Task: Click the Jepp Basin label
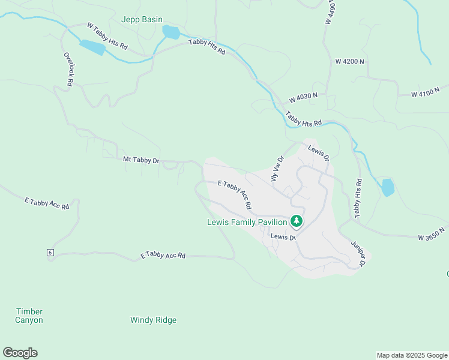pyautogui.click(x=142, y=20)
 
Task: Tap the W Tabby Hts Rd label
pyautogui.click(x=107, y=36)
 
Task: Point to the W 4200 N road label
pyautogui.click(x=350, y=62)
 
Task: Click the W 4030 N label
pyautogui.click(x=303, y=97)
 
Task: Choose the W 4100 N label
pyautogui.click(x=427, y=94)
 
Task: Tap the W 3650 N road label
pyautogui.click(x=432, y=234)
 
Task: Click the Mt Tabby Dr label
pyautogui.click(x=141, y=160)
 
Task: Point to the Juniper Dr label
pyautogui.click(x=358, y=254)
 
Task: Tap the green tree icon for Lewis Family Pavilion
pyautogui.click(x=296, y=221)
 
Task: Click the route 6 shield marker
pyautogui.click(x=50, y=253)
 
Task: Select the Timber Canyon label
pyautogui.click(x=29, y=316)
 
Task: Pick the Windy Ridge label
pyautogui.click(x=153, y=320)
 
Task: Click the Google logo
pyautogui.click(x=20, y=353)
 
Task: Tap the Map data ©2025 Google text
pyautogui.click(x=411, y=355)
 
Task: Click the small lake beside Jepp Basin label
pyautogui.click(x=171, y=32)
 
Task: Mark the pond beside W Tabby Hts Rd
pyautogui.click(x=92, y=47)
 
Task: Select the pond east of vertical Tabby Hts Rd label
pyautogui.click(x=388, y=187)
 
